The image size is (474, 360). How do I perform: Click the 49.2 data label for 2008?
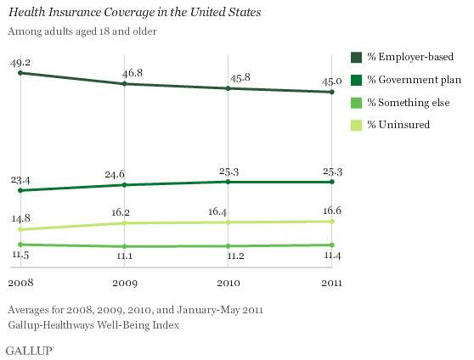click(x=20, y=63)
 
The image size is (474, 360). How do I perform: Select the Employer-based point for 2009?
click(x=124, y=84)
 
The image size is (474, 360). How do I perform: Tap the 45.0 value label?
click(x=331, y=82)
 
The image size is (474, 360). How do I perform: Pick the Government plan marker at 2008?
click(x=20, y=190)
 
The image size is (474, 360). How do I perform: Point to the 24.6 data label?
click(x=115, y=174)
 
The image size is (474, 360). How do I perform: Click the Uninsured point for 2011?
click(x=332, y=222)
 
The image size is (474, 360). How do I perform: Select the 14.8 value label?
click(x=20, y=218)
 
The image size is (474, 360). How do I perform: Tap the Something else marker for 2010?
click(x=228, y=246)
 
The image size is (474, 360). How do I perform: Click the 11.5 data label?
click(x=20, y=255)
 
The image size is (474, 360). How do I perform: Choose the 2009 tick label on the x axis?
click(x=125, y=283)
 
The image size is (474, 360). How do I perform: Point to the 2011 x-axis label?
click(x=331, y=283)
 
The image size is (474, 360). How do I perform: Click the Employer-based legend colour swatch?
click(x=356, y=58)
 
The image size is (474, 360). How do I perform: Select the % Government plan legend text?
click(x=415, y=80)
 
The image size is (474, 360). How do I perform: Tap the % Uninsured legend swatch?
click(x=356, y=125)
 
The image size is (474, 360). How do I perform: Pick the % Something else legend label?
click(x=409, y=103)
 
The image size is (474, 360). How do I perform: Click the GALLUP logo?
click(x=30, y=351)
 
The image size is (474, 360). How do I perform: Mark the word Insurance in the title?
click(x=75, y=13)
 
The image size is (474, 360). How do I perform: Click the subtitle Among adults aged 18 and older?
click(x=82, y=31)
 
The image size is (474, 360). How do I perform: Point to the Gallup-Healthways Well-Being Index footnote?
click(x=93, y=325)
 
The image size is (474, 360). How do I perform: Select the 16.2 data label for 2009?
click(x=121, y=212)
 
